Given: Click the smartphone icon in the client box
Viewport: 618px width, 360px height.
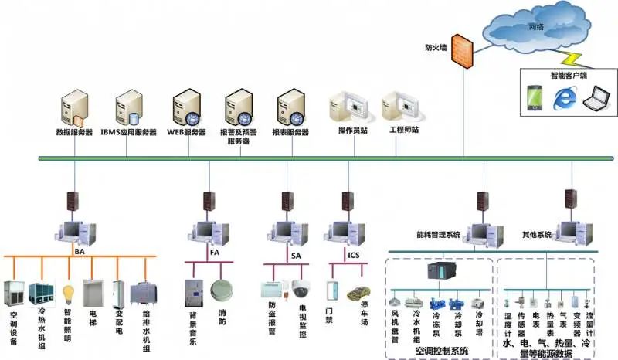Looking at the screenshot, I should click(x=534, y=97).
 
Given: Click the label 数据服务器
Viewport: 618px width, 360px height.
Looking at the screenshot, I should click(x=75, y=132).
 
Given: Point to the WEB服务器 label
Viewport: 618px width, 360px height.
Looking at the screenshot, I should click(x=187, y=132).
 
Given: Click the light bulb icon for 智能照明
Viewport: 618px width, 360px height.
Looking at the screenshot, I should click(x=68, y=294).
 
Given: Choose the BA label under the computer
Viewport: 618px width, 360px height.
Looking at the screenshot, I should click(x=80, y=251).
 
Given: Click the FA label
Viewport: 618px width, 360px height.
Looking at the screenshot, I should click(x=214, y=252).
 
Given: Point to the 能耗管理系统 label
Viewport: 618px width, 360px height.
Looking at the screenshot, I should click(x=437, y=233).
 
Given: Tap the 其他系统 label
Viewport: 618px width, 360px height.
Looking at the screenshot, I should click(x=537, y=233).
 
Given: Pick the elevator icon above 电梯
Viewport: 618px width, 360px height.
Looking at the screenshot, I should click(x=93, y=292).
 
